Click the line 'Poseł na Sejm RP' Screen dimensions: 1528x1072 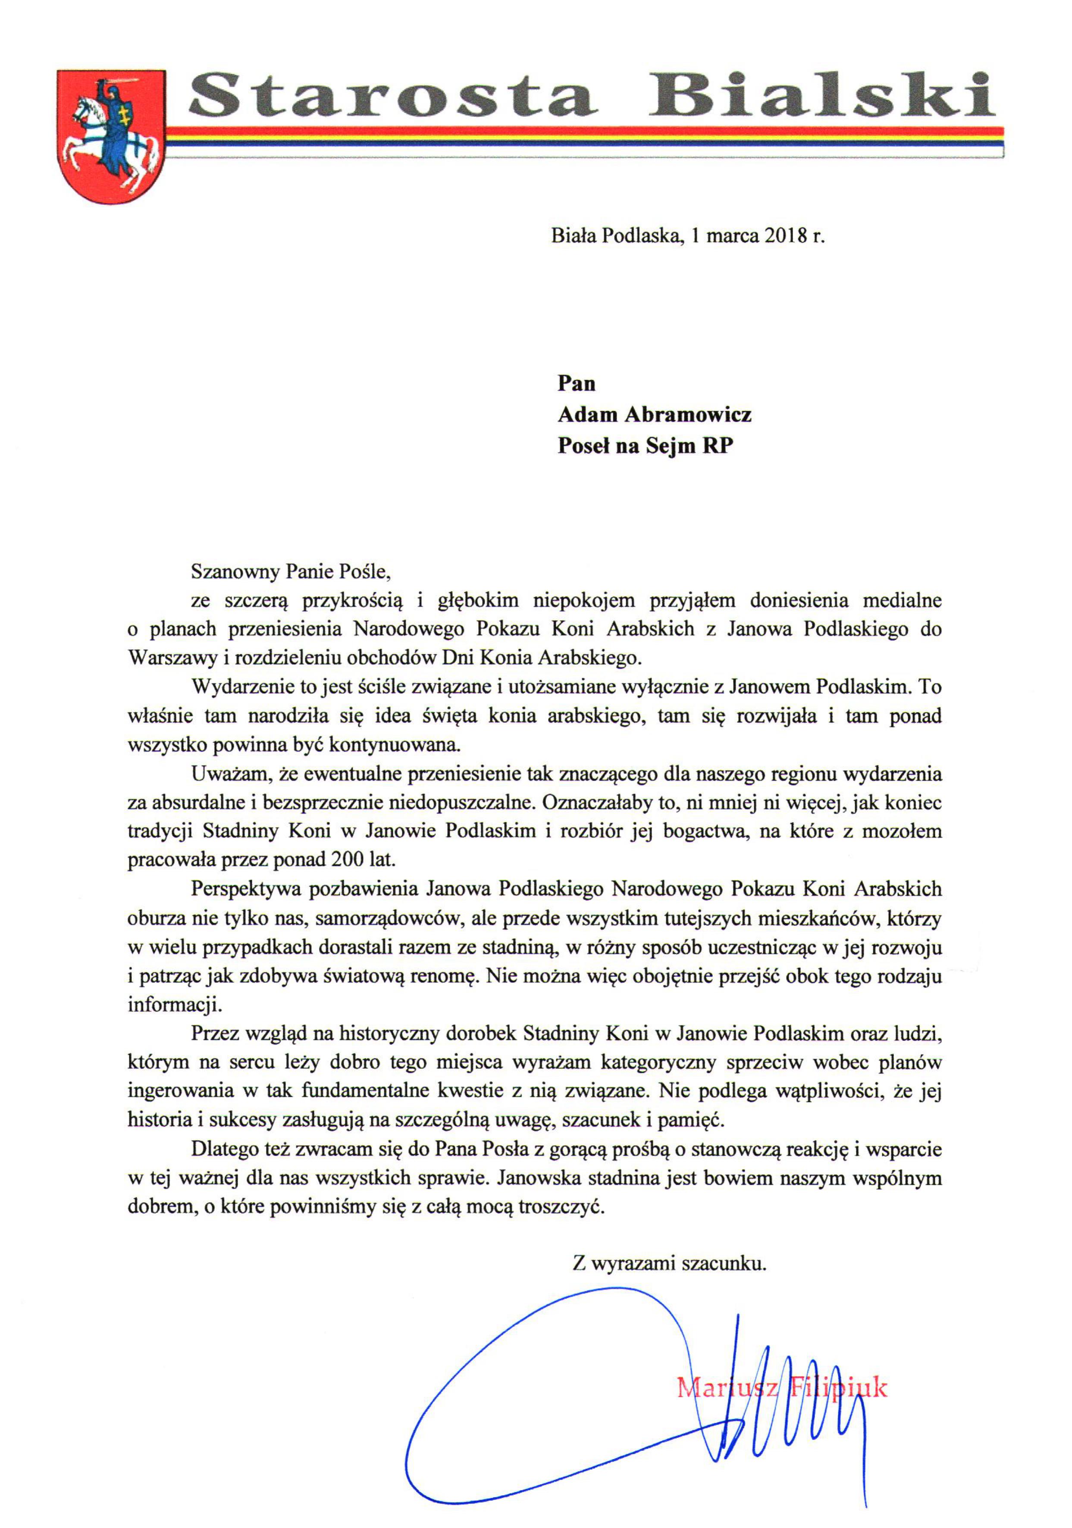pyautogui.click(x=645, y=445)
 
